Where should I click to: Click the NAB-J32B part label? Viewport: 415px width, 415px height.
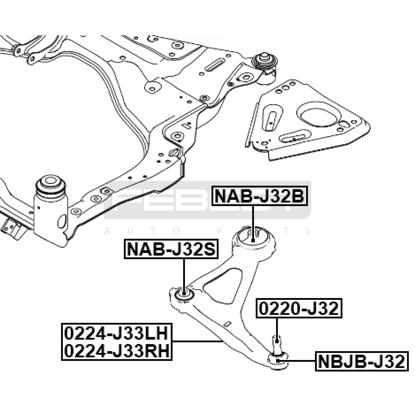click(259, 196)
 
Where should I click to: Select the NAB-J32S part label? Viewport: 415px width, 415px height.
click(171, 249)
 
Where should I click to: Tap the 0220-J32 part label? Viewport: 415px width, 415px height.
click(299, 308)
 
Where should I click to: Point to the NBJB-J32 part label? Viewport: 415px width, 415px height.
click(362, 361)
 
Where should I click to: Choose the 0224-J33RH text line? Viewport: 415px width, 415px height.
click(116, 351)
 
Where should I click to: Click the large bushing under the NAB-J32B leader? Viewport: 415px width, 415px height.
click(254, 237)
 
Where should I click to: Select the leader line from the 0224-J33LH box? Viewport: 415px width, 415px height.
click(197, 341)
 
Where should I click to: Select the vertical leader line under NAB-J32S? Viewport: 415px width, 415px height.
click(184, 275)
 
